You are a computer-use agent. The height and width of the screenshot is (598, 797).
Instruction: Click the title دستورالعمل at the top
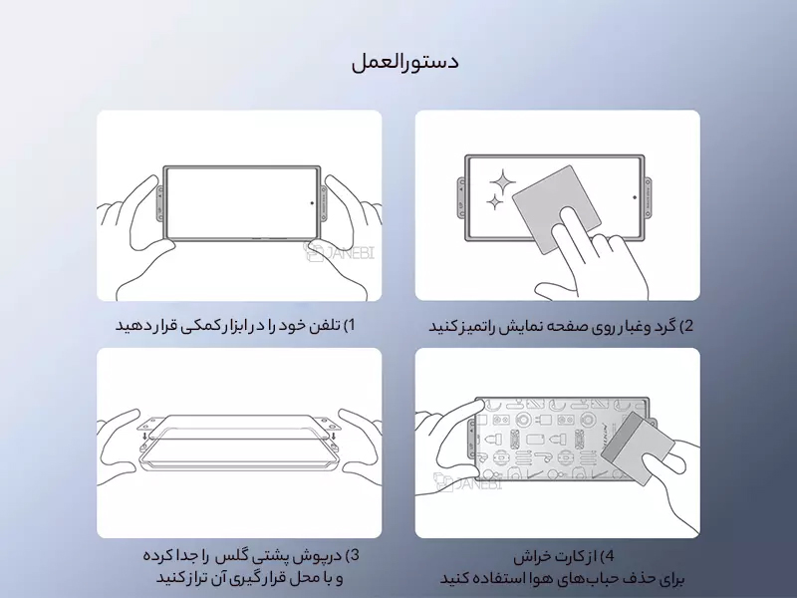coord(405,62)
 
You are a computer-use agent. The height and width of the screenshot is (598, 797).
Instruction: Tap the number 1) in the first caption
coord(350,326)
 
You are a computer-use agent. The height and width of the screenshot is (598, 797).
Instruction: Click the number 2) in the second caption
coord(686,326)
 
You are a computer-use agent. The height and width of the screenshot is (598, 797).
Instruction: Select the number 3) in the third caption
coord(353,555)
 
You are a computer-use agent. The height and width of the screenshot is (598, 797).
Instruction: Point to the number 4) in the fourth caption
coord(607,556)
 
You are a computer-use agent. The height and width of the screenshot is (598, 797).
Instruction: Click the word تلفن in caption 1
coord(327,326)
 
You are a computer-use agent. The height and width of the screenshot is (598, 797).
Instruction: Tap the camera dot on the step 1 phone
coord(312,203)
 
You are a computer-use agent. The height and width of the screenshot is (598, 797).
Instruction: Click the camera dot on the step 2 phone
coord(635,197)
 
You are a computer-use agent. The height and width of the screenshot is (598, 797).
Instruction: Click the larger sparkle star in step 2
coord(502,181)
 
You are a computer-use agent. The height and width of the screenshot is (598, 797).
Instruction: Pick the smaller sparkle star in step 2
coord(494,202)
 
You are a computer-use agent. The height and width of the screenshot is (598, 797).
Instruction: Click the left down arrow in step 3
coord(145,437)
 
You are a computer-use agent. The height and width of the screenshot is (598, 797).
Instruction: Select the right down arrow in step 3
coord(333,437)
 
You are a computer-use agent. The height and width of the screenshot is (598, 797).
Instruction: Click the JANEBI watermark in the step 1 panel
coord(339,251)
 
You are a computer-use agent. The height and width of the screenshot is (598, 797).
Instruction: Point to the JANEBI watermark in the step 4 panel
coord(467,482)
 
